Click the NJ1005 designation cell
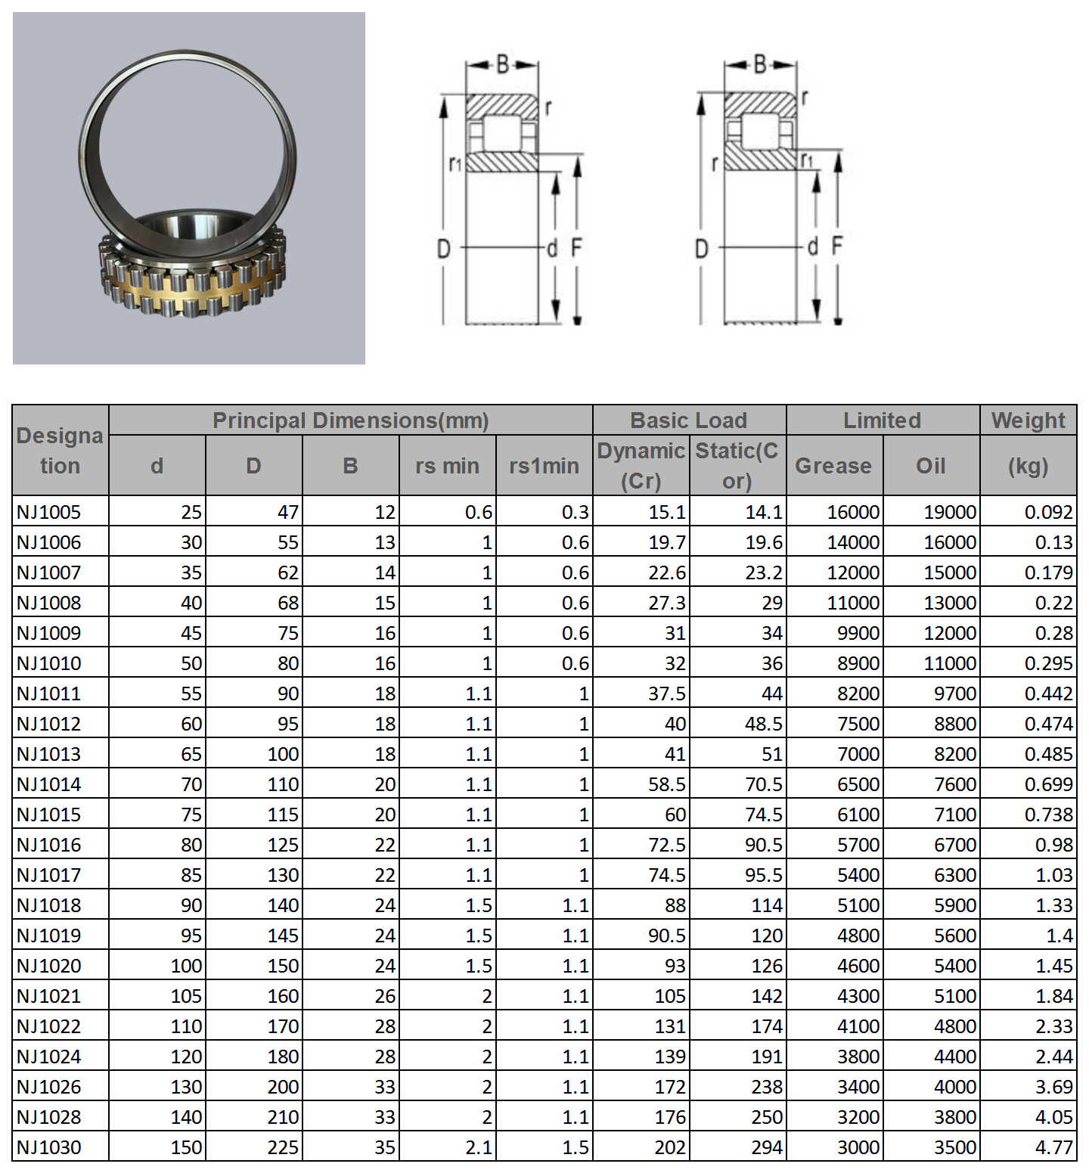pyautogui.click(x=49, y=512)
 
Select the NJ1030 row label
pyautogui.click(x=49, y=1147)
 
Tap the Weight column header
pyautogui.click(x=1028, y=420)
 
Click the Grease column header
pyautogui.click(x=833, y=466)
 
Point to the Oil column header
pyautogui.click(x=931, y=466)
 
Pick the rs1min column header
pyautogui.click(x=544, y=466)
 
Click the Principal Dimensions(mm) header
pyautogui.click(x=350, y=420)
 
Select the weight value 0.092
pyautogui.click(x=1048, y=512)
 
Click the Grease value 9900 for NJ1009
pyautogui.click(x=858, y=633)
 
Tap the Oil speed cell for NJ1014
pyautogui.click(x=955, y=784)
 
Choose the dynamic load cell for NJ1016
pyautogui.click(x=666, y=845)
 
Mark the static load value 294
pyautogui.click(x=767, y=1147)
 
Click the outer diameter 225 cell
pyautogui.click(x=283, y=1147)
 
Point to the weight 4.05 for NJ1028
pyautogui.click(x=1054, y=1117)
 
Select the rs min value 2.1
pyautogui.click(x=479, y=1147)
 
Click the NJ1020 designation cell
pyautogui.click(x=49, y=966)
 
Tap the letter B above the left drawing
pyautogui.click(x=503, y=64)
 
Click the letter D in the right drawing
pyautogui.click(x=701, y=249)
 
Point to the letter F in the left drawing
pyautogui.click(x=576, y=247)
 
